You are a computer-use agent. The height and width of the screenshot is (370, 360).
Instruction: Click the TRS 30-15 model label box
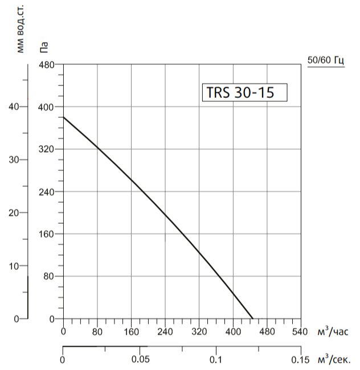pos(244,92)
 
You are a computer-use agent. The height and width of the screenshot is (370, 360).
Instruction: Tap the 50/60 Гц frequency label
pos(326,60)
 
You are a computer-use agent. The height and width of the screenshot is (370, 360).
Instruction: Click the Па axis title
pos(44,48)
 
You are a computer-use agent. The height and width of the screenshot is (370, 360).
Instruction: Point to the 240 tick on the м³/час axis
pos(165,331)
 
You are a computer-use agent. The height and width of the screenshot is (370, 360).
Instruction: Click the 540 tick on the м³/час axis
pos(300,331)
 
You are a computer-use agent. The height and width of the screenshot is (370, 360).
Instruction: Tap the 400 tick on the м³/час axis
pos(232,331)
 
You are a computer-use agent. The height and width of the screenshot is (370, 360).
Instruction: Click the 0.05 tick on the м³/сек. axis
pos(140,360)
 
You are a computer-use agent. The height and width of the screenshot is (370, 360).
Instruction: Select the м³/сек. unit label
pos(334,360)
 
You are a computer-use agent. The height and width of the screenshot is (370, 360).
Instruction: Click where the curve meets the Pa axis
pos(63,117)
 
